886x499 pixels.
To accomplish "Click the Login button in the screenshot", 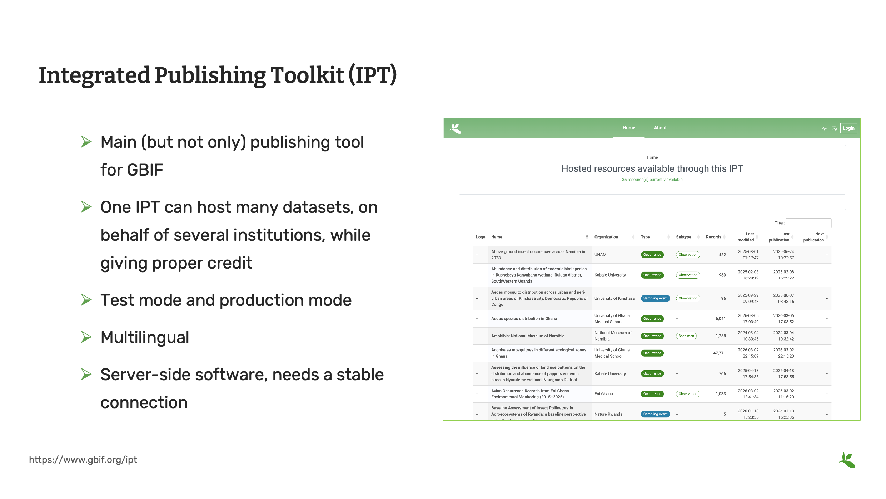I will [848, 128].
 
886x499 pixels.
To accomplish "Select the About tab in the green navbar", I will [660, 128].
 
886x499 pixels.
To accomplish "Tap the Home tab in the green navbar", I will [629, 128].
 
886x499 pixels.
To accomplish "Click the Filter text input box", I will [808, 223].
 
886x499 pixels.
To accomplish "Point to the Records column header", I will [713, 237].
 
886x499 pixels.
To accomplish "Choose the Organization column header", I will [606, 237].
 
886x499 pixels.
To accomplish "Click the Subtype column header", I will [683, 237].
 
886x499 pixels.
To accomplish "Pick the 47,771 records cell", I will [719, 353].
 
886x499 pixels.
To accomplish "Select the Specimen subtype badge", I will [686, 336].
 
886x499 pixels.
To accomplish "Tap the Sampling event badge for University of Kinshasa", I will [655, 298].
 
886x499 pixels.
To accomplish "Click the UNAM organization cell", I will [600, 255].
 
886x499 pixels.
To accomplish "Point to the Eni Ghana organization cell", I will [603, 394].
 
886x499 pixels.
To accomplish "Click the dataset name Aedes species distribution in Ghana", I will [524, 319].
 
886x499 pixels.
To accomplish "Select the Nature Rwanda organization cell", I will [608, 414].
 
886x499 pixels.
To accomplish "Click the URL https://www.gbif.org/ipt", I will [83, 460].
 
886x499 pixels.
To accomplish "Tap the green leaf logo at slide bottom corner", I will [847, 460].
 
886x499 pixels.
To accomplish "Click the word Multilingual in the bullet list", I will [145, 337].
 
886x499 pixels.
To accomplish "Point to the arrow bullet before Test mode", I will [86, 300].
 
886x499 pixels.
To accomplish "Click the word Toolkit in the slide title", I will [307, 75].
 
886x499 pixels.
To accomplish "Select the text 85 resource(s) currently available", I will [652, 180].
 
